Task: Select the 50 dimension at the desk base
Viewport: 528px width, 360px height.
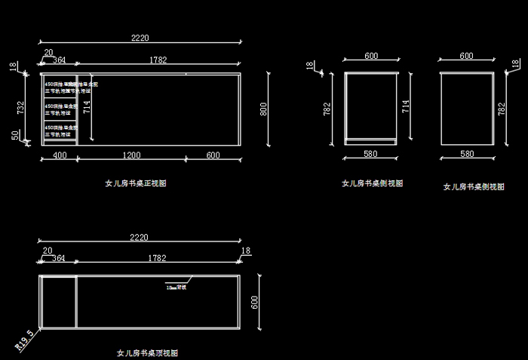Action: coord(15,134)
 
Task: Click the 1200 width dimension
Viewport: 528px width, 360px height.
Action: coord(132,155)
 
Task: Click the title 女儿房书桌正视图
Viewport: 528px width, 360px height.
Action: coord(135,183)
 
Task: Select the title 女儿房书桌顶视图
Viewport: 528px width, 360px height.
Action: coord(147,352)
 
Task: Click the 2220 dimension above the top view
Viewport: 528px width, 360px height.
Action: coord(140,238)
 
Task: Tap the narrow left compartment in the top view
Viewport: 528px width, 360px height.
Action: coord(58,302)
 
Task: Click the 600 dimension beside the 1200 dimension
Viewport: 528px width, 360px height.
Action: coord(213,155)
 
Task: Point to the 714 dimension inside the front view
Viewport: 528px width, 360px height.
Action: coord(87,107)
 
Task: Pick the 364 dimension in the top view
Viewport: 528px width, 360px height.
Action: coord(59,259)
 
